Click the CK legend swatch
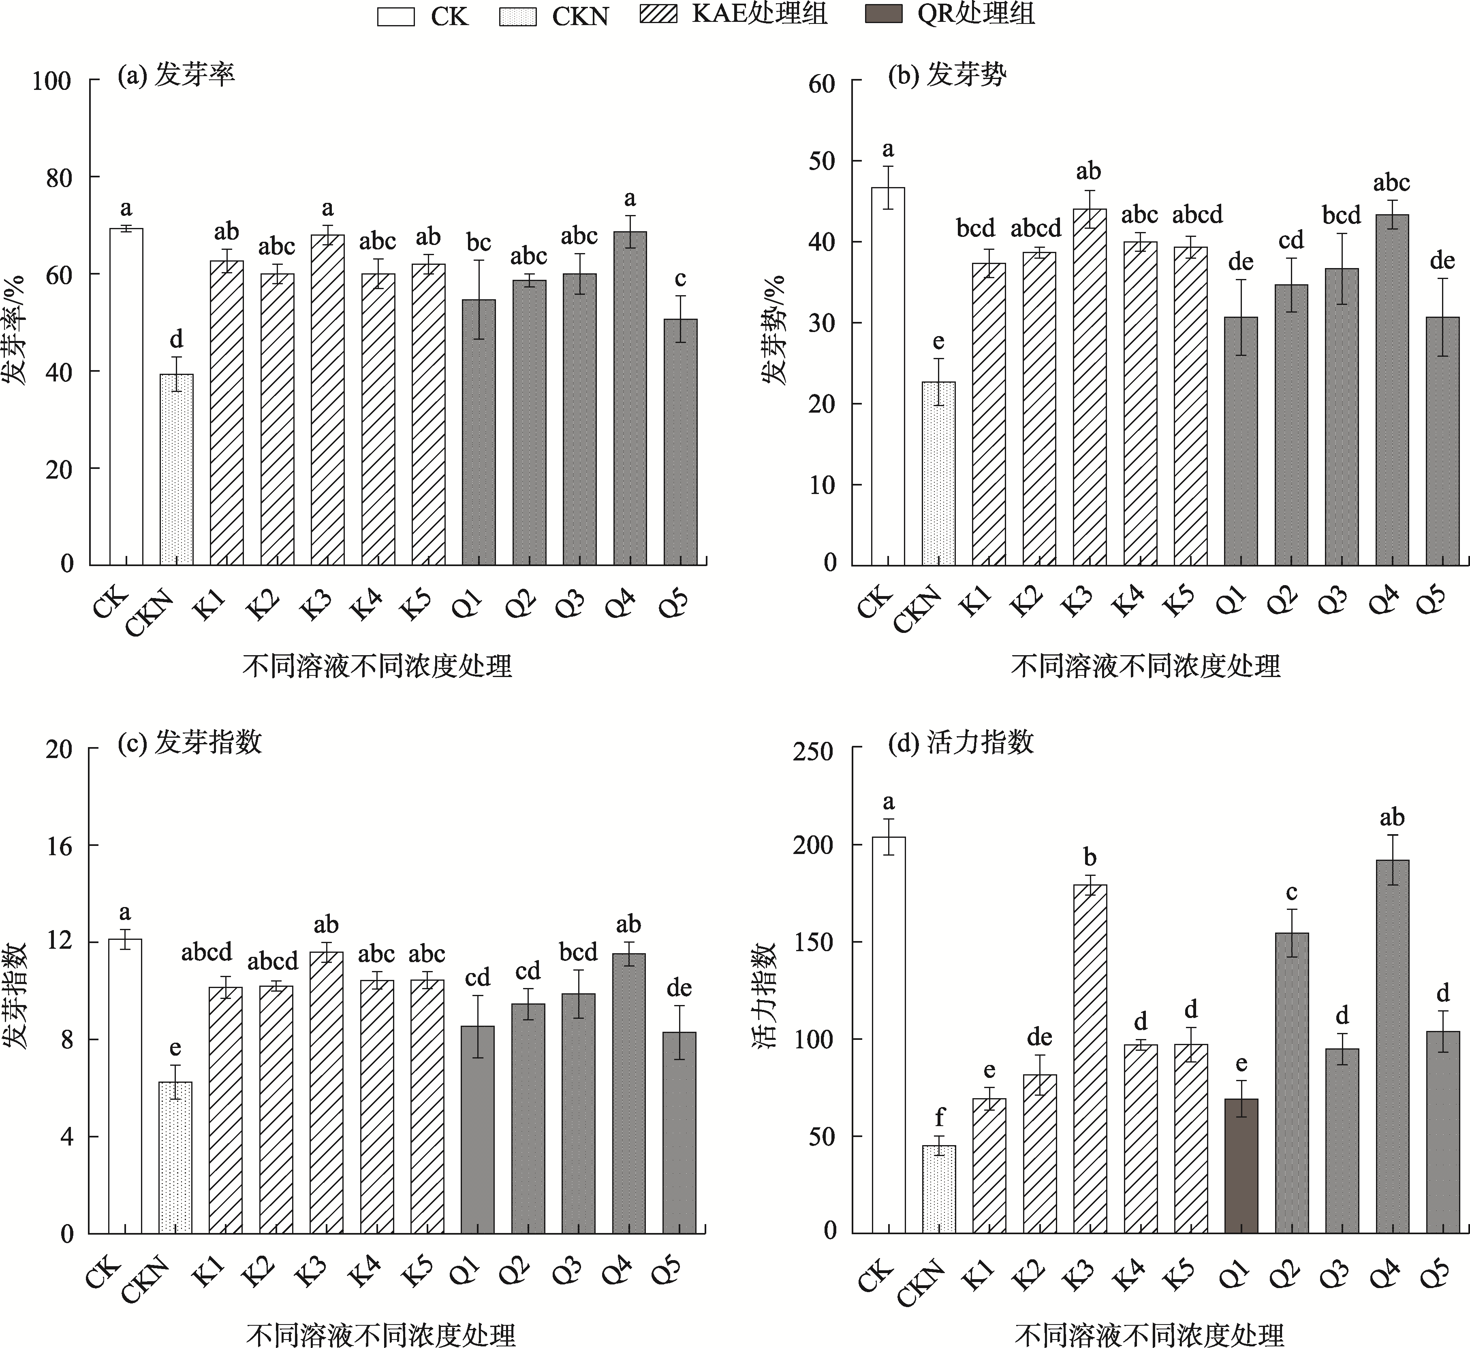click(395, 16)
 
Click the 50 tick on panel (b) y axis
click(822, 161)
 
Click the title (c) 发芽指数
click(189, 743)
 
